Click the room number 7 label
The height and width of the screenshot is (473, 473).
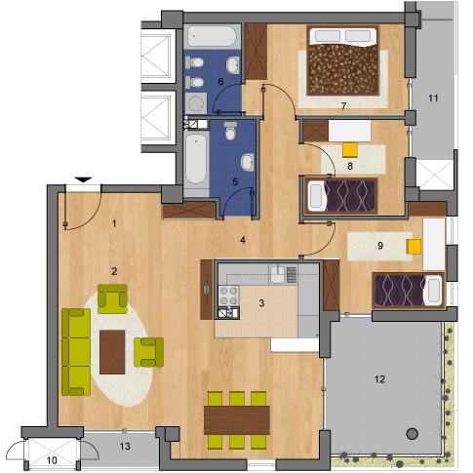pos(343,105)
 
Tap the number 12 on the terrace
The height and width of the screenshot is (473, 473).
pos(379,379)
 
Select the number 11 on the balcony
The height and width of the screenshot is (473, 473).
pos(433,99)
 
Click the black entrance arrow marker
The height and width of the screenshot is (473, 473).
pos(84,179)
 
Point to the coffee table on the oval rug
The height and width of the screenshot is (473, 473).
pos(112,352)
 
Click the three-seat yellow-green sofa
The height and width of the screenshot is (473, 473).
pos(76,352)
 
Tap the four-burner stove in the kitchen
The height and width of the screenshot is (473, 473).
pos(228,296)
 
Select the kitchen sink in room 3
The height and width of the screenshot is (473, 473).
pos(278,274)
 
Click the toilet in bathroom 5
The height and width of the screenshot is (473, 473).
pos(230,131)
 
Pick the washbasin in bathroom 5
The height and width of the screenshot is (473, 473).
pos(248,162)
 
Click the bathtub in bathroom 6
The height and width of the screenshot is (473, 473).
pos(212,36)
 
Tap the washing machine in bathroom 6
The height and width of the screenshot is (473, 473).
pos(196,103)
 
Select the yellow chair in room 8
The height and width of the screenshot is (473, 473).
pos(350,150)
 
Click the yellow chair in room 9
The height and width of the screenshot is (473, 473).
pos(414,247)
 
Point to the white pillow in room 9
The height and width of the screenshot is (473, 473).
pos(434,291)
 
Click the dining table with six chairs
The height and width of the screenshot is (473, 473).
pos(237,420)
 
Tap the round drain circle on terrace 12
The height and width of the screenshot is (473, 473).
pos(413,434)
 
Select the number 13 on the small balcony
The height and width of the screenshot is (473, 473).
pos(125,447)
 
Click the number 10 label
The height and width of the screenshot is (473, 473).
pos(52,460)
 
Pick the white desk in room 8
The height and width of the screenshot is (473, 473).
pos(349,131)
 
